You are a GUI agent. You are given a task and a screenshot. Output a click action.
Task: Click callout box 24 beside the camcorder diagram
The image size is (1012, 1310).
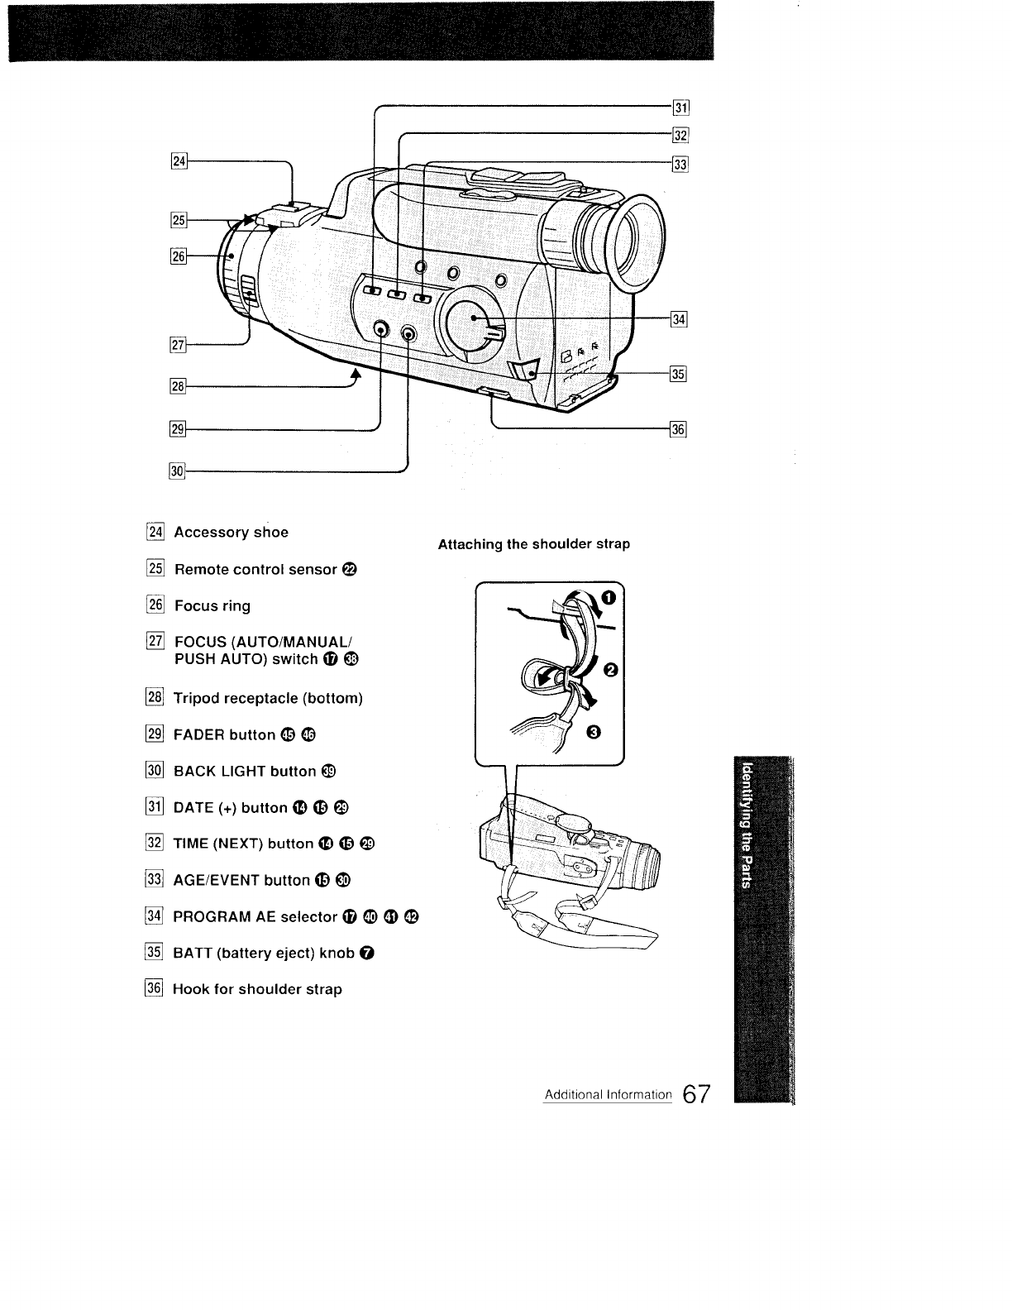177,160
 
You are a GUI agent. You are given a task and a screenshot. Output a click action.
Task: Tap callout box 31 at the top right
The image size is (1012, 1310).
681,108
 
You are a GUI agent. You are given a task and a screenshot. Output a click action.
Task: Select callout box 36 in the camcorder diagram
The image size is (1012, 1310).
680,429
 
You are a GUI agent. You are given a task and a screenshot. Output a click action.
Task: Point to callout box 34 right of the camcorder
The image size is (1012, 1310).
680,320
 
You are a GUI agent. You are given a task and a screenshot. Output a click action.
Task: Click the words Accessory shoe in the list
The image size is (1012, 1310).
231,533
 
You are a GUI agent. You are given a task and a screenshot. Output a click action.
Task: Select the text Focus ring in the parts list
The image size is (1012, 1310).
212,606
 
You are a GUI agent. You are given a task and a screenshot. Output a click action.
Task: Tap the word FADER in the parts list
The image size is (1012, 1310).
199,735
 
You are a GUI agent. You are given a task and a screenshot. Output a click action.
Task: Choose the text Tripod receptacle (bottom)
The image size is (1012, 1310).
268,698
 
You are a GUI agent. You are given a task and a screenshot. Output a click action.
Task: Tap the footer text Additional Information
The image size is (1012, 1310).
608,1095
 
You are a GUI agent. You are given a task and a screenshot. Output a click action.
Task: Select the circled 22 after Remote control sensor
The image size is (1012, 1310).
349,570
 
